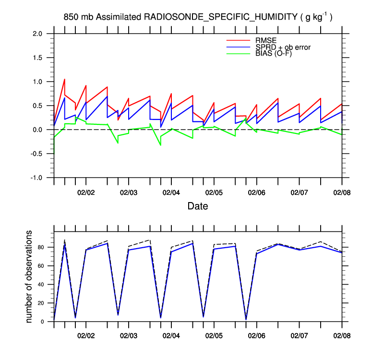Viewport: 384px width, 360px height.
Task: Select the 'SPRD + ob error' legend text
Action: (x=284, y=47)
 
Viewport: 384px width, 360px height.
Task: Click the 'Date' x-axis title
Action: (x=197, y=206)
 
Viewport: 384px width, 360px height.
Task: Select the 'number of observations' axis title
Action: (x=29, y=276)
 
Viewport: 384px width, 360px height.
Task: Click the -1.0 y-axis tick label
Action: (x=36, y=178)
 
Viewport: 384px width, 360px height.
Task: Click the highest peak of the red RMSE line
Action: (x=64, y=79)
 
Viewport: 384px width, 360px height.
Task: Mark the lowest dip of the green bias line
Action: (x=160, y=145)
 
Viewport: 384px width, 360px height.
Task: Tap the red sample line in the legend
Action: (x=238, y=40)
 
